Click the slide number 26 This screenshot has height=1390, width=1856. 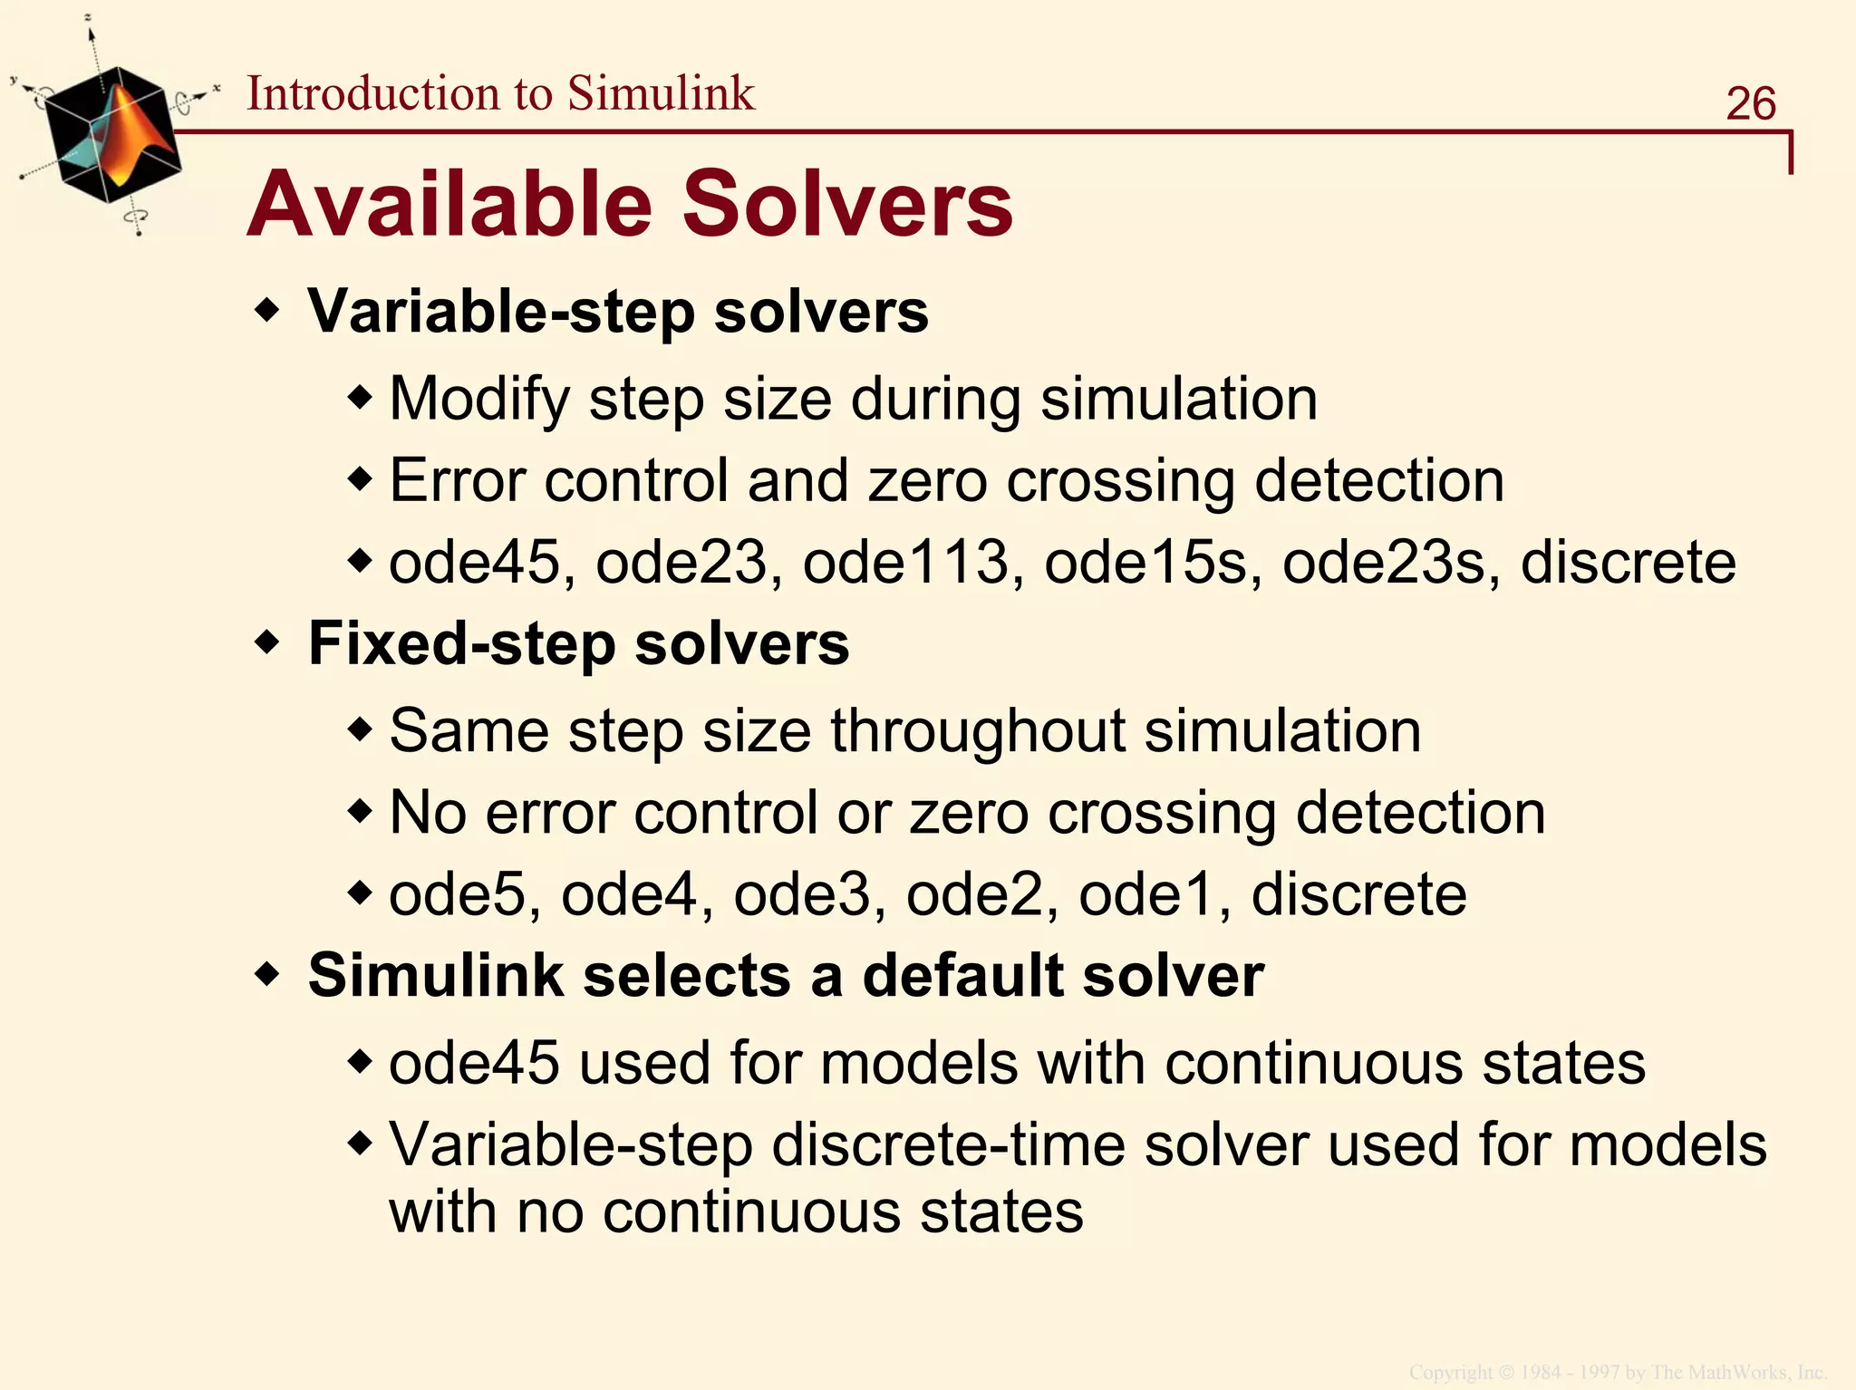click(x=1750, y=103)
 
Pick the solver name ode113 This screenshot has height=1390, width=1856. click(x=904, y=563)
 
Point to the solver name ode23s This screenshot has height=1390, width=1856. click(x=1383, y=563)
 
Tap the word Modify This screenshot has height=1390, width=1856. click(x=478, y=400)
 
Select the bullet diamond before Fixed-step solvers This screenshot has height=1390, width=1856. click(x=267, y=644)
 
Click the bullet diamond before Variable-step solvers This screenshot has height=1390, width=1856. click(x=267, y=312)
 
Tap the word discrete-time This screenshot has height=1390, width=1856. click(x=947, y=1145)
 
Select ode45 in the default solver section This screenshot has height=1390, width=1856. click(x=474, y=1064)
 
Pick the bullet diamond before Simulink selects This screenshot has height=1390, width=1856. click(x=267, y=976)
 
